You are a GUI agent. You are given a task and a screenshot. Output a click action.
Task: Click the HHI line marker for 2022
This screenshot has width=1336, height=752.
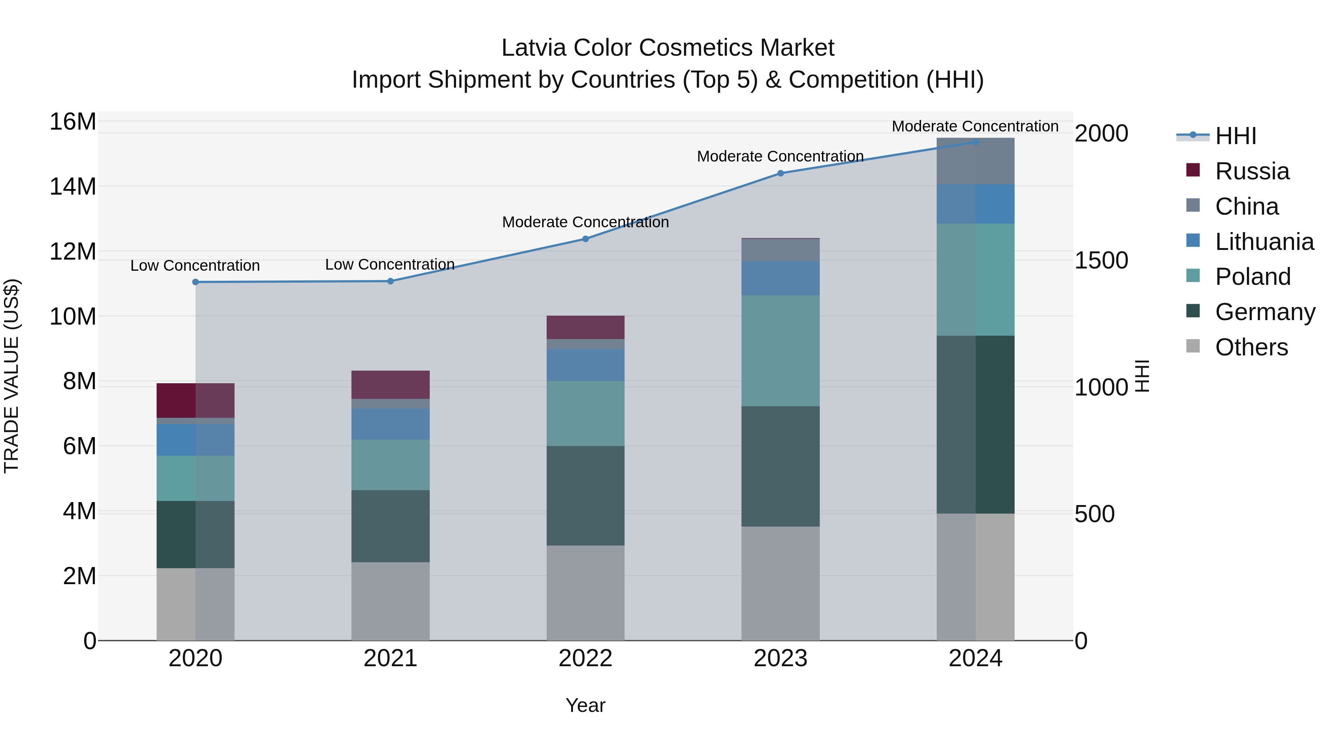pyautogui.click(x=586, y=239)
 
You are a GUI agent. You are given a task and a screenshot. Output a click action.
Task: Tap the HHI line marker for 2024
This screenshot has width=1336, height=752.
pyautogui.click(x=976, y=142)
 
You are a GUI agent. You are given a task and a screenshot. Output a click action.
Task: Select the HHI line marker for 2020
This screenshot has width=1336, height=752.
pyautogui.click(x=196, y=282)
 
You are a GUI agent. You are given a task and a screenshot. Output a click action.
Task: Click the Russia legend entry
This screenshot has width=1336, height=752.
pyautogui.click(x=1251, y=171)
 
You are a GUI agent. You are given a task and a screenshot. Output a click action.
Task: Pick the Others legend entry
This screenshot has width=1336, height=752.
pyautogui.click(x=1251, y=347)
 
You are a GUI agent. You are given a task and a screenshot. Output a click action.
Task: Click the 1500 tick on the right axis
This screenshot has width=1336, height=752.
pyautogui.click(x=1101, y=261)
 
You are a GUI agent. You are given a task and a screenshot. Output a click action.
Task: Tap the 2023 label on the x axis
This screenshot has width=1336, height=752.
pyautogui.click(x=780, y=658)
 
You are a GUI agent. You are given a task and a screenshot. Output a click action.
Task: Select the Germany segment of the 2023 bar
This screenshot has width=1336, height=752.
pyautogui.click(x=780, y=466)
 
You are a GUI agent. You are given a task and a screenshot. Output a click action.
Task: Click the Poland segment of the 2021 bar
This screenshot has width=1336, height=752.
pyautogui.click(x=390, y=465)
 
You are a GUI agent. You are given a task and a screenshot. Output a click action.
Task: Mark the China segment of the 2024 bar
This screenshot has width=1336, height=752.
pyautogui.click(x=976, y=161)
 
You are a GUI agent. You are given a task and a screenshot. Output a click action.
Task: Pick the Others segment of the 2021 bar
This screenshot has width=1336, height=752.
pyautogui.click(x=390, y=601)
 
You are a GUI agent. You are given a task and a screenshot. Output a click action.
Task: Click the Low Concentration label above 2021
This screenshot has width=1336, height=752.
pyautogui.click(x=390, y=264)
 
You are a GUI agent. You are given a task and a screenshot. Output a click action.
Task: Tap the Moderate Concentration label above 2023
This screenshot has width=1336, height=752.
pyautogui.click(x=780, y=156)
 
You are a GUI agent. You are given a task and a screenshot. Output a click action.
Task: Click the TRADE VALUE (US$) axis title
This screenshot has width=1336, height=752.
pyautogui.click(x=12, y=376)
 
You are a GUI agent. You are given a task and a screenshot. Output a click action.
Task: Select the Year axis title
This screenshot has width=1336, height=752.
pyautogui.click(x=586, y=705)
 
